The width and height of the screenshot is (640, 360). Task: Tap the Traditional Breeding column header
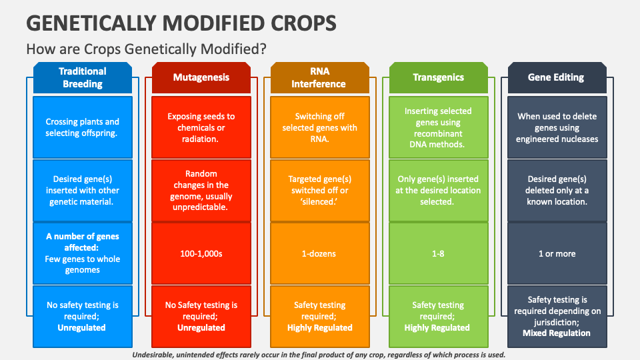tap(83, 77)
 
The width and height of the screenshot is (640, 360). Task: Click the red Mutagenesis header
tap(201, 77)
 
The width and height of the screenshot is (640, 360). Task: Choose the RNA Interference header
tap(319, 77)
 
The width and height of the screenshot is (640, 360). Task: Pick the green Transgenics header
tap(438, 77)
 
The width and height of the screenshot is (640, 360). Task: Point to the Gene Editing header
tap(557, 77)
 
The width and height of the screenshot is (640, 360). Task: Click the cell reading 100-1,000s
tap(201, 253)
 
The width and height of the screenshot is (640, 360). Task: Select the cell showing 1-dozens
tap(319, 253)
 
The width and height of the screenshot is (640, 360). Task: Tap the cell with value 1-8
tap(438, 253)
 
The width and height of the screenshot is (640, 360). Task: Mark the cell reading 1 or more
tap(557, 253)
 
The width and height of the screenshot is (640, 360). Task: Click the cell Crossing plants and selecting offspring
tap(83, 127)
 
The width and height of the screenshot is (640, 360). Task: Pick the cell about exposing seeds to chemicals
tap(201, 127)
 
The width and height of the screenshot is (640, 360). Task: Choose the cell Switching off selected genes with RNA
tap(319, 127)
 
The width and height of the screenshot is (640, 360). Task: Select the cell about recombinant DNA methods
tap(438, 127)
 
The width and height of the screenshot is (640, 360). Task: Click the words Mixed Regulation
tap(557, 333)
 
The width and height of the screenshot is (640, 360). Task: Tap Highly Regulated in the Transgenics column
tap(438, 327)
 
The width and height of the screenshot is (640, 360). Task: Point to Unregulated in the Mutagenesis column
tap(201, 327)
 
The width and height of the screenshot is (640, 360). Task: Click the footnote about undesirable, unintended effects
tap(319, 355)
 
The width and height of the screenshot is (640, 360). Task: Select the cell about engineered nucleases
tap(557, 127)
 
